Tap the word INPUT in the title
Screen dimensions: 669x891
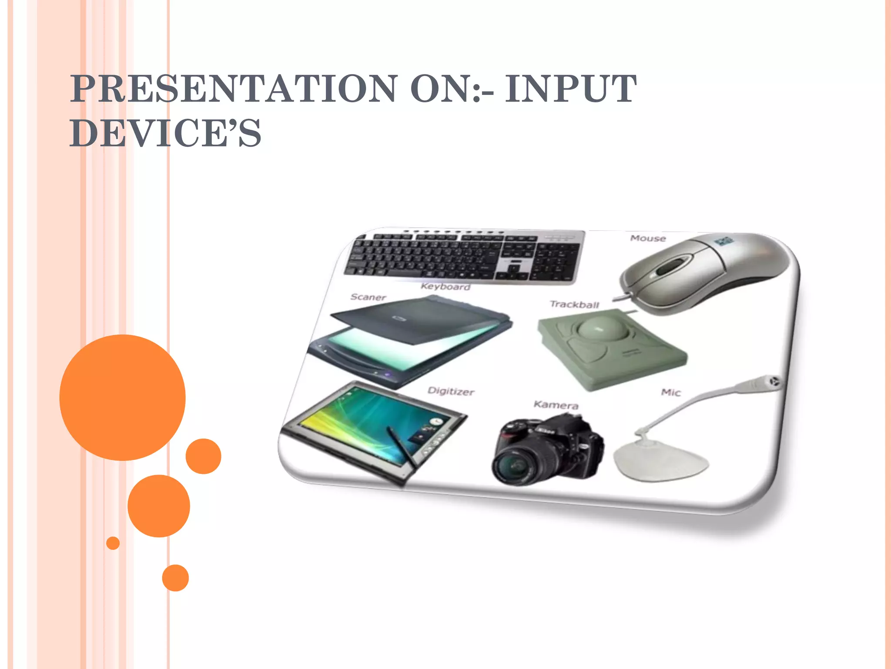pyautogui.click(x=570, y=89)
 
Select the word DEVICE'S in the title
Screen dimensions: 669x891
pyautogui.click(x=165, y=133)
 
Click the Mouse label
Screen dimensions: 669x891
pyautogui.click(x=648, y=238)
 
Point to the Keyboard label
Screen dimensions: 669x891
pyautogui.click(x=445, y=287)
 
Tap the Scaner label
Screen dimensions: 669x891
pyautogui.click(x=368, y=297)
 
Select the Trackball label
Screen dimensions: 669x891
pyautogui.click(x=574, y=304)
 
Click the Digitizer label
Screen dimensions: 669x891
pyautogui.click(x=451, y=391)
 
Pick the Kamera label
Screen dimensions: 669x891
pyautogui.click(x=556, y=405)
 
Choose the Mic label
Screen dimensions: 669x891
pyautogui.click(x=670, y=392)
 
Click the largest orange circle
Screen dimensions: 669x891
pyautogui.click(x=123, y=397)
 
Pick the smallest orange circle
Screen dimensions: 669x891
pyautogui.click(x=113, y=543)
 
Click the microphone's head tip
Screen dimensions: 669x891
pyautogui.click(x=774, y=382)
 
